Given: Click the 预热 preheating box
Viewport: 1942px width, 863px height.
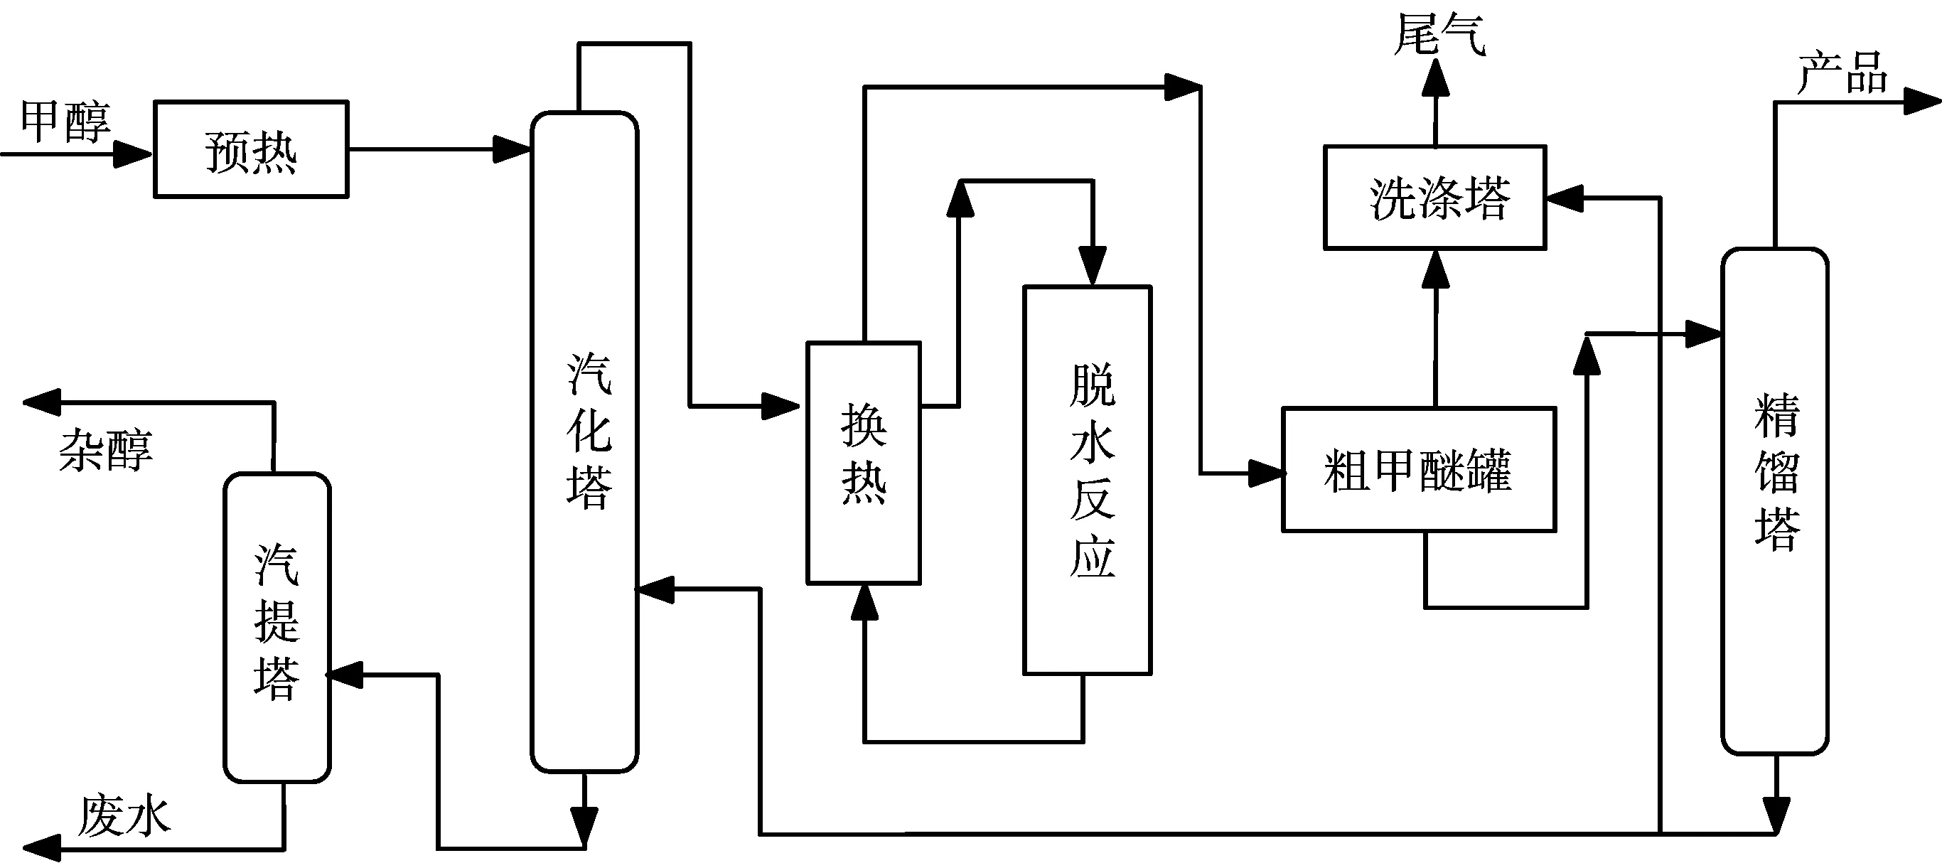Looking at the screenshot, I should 251,150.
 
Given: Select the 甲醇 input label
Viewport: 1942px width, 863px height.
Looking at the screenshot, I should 65,122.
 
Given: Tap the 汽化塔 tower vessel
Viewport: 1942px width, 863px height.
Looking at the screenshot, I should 585,441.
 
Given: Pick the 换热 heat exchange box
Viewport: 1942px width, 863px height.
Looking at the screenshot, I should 864,463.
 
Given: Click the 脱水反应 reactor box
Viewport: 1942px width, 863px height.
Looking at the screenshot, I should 1087,479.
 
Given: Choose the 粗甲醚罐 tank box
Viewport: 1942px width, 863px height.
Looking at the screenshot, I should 1419,471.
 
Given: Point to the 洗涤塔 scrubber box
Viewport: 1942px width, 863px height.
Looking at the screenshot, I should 1435,198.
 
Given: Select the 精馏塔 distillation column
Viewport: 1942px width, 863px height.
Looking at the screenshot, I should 1776,500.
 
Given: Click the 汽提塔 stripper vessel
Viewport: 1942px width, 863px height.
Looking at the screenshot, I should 277,627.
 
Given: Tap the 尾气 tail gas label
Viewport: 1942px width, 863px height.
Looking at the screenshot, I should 1439,35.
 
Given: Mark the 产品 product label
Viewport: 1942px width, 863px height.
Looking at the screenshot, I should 1842,73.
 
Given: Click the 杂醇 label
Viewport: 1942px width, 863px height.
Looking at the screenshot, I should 105,451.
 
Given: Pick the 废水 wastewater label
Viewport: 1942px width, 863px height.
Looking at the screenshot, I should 124,815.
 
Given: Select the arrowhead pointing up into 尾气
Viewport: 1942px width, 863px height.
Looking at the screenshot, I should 1435,78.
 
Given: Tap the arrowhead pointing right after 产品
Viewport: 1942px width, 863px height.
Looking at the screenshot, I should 1921,102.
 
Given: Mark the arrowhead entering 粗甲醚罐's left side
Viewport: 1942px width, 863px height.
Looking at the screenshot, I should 1267,473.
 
